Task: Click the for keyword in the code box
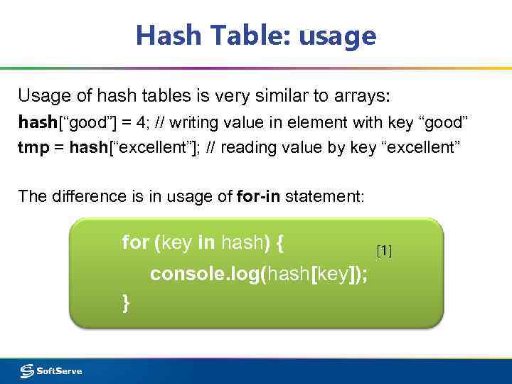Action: tap(135, 242)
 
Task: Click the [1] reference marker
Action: tap(384, 250)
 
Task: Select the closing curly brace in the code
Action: tap(127, 303)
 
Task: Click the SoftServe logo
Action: tap(51, 370)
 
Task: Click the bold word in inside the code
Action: tap(207, 242)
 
